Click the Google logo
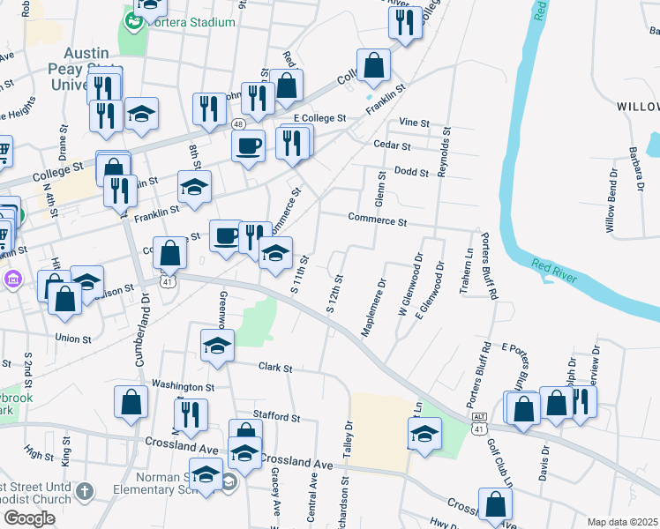[28, 518]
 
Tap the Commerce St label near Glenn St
[377, 219]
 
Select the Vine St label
[413, 123]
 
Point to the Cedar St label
[392, 145]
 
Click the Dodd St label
[411, 172]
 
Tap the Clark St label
[274, 367]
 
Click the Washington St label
[183, 385]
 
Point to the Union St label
[73, 339]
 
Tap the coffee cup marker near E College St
[249, 145]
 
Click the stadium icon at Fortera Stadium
[135, 19]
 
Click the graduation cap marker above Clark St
[216, 345]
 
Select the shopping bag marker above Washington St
[131, 401]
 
